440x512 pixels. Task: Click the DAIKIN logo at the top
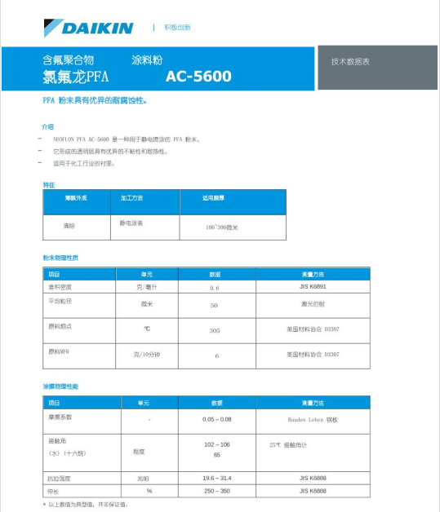(x=90, y=28)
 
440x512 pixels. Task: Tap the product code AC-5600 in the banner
(x=198, y=77)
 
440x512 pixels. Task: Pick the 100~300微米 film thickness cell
(x=222, y=227)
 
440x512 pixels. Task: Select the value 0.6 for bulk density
(x=215, y=288)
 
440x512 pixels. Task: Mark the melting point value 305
(x=215, y=331)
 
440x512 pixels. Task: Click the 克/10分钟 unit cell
(x=147, y=355)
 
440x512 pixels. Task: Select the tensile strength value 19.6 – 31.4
(x=216, y=478)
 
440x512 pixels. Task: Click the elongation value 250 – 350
(x=216, y=491)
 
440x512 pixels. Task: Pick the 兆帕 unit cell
(x=149, y=478)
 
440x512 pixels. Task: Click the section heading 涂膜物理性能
(x=61, y=386)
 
